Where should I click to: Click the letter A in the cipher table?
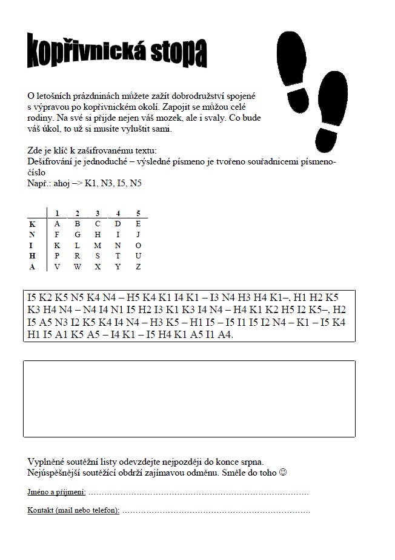[x=56, y=223]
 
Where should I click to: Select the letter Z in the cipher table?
[x=139, y=267]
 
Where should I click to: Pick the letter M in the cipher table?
[x=98, y=245]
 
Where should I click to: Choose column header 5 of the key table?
[x=139, y=213]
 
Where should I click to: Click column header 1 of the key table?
[x=56, y=213]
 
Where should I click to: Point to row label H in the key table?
[x=32, y=256]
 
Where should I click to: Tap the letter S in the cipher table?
[x=98, y=256]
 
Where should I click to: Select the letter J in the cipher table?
[x=139, y=234]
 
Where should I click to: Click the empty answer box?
[x=189, y=399]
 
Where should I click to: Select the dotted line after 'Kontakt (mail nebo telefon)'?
[x=216, y=511]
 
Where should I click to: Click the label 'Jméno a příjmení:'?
[x=56, y=491]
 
